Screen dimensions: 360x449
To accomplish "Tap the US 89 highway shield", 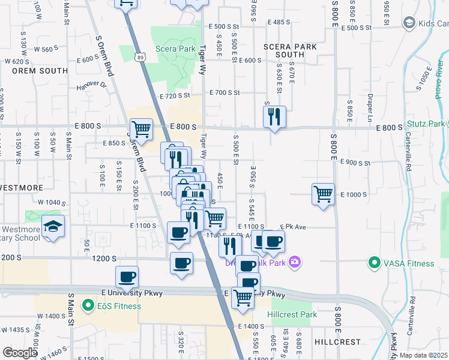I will pyautogui.click(x=140, y=56).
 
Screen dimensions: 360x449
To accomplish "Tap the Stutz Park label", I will pyautogui.click(x=429, y=124).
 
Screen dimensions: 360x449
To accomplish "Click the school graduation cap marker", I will pyautogui.click(x=53, y=227).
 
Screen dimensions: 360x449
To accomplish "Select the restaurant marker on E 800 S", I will pyautogui.click(x=274, y=116).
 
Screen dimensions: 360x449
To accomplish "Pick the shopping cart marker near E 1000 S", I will pyautogui.click(x=323, y=194).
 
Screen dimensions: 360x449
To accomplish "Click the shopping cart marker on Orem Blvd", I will pyautogui.click(x=140, y=128).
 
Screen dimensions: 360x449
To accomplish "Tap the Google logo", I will pyautogui.click(x=19, y=353).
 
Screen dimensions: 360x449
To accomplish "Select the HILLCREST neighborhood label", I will pyautogui.click(x=338, y=342).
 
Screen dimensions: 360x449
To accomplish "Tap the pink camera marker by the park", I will pyautogui.click(x=294, y=262).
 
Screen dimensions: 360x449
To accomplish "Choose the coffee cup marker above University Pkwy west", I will pyautogui.click(x=127, y=277).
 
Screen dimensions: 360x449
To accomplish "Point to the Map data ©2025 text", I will pyautogui.click(x=424, y=355).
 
